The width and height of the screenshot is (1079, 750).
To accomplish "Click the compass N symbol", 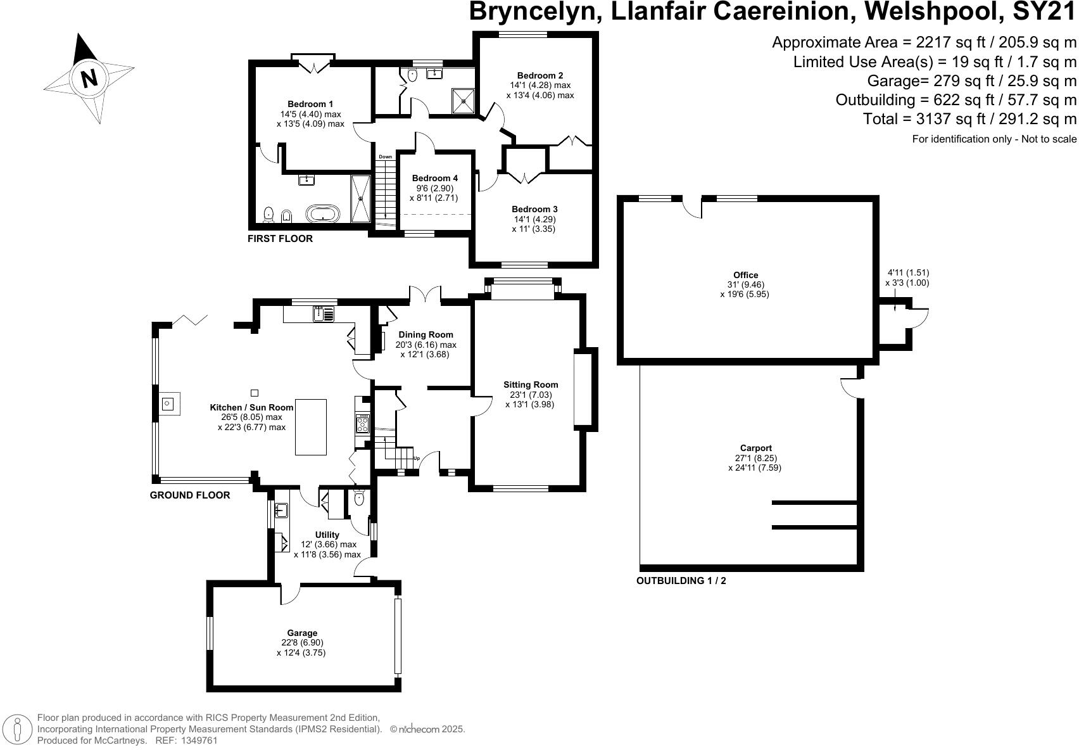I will click(x=89, y=78).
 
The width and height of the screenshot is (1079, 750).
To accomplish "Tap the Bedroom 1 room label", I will click(x=310, y=104).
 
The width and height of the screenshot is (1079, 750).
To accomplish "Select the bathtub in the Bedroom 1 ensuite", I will click(x=323, y=214).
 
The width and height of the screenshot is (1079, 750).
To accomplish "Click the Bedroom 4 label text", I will click(x=434, y=179).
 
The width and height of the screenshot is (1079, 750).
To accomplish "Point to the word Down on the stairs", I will click(x=385, y=156).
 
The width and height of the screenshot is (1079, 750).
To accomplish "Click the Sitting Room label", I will click(x=531, y=385).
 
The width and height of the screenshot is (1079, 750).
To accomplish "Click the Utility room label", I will click(x=327, y=535).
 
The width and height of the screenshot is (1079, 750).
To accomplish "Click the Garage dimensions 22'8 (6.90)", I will click(x=301, y=642).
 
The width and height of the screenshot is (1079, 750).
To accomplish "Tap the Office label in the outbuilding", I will click(x=745, y=275).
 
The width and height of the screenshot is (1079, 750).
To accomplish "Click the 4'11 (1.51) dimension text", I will click(x=907, y=273).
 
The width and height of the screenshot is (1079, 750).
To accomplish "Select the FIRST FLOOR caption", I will click(x=280, y=239).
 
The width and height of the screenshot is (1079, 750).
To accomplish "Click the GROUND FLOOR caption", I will click(x=189, y=495).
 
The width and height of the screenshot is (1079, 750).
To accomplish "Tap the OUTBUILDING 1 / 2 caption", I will click(x=681, y=580).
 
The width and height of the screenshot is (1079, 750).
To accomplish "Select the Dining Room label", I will click(x=426, y=334).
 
